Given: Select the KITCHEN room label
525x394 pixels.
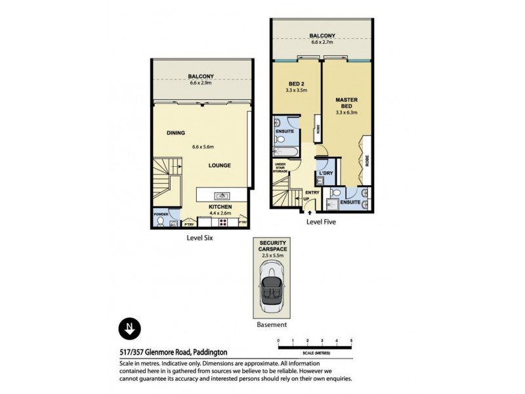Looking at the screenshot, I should (x=220, y=206).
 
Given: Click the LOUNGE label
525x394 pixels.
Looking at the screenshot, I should (x=219, y=165).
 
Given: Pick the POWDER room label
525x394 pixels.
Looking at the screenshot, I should (x=161, y=214).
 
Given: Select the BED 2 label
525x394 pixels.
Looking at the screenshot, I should (x=297, y=84).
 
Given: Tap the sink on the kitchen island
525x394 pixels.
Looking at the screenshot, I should (x=221, y=196).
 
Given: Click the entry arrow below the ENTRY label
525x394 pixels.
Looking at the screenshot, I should (x=308, y=212).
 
